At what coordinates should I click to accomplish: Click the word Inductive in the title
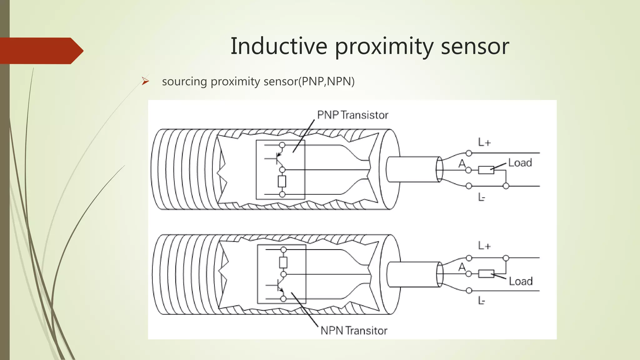[x=279, y=46]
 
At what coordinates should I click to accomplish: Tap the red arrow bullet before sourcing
[x=145, y=81]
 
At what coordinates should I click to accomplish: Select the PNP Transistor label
[x=352, y=115]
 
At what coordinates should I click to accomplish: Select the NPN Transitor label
[x=354, y=331]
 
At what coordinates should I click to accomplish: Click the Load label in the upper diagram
[x=520, y=163]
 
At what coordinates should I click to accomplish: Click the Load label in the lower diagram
[x=521, y=281]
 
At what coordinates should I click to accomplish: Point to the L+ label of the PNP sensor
[x=484, y=142]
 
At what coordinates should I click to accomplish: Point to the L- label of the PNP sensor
[x=482, y=197]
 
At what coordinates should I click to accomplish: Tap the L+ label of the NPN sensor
[x=484, y=246]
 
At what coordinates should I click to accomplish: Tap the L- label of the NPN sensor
[x=482, y=301]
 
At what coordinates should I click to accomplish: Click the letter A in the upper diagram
[x=462, y=163]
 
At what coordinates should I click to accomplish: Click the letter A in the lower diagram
[x=462, y=267]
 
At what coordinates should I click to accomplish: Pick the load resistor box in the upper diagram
[x=486, y=170]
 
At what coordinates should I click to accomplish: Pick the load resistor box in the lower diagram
[x=486, y=274]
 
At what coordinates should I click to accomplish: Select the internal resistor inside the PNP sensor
[x=282, y=182]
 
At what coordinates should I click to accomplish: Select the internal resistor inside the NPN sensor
[x=283, y=262]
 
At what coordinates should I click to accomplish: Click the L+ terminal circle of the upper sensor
[x=469, y=153]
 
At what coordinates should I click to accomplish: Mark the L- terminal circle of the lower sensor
[x=469, y=291]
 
